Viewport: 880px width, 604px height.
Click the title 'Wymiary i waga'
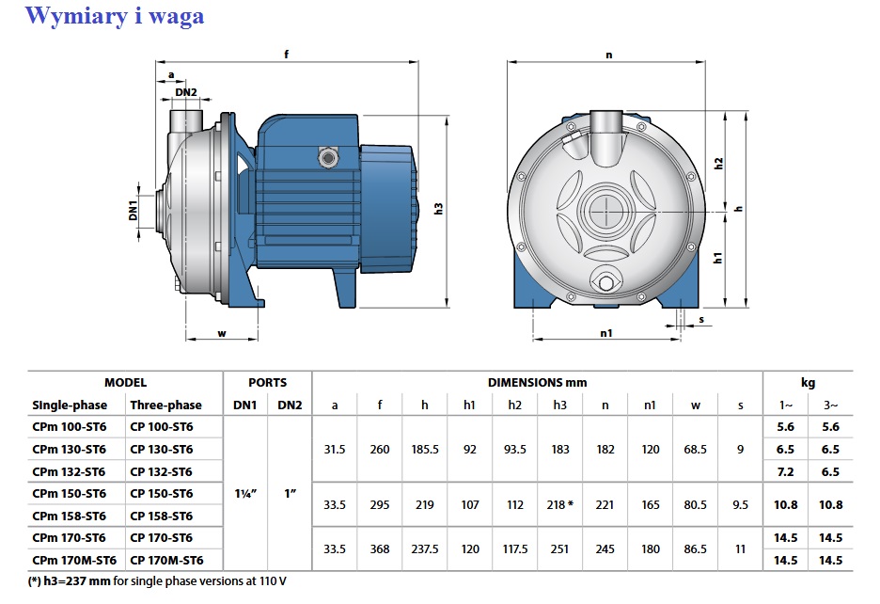[x=115, y=16]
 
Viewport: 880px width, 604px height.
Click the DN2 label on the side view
[x=186, y=92]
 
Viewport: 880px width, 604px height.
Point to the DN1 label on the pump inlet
[x=133, y=210]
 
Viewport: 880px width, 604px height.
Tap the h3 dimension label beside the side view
[x=439, y=209]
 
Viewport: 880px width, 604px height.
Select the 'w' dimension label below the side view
[x=222, y=334]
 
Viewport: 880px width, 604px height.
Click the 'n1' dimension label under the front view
[x=606, y=333]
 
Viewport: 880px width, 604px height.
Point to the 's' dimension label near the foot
[x=701, y=320]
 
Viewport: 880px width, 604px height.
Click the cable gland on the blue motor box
[x=326, y=157]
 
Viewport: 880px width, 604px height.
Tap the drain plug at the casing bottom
[x=605, y=282]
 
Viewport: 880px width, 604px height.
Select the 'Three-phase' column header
[x=165, y=405]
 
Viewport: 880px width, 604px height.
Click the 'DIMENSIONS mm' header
[x=537, y=383]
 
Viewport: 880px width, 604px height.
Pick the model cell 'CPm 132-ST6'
[x=69, y=471]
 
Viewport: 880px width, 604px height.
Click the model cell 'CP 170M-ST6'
[x=166, y=560]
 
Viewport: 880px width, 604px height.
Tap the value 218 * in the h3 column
[x=560, y=504]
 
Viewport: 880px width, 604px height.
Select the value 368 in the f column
[x=380, y=548]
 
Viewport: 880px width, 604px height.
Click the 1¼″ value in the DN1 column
[x=245, y=494]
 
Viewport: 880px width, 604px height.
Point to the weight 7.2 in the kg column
[x=785, y=471]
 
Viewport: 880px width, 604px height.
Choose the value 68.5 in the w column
[x=695, y=450]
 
